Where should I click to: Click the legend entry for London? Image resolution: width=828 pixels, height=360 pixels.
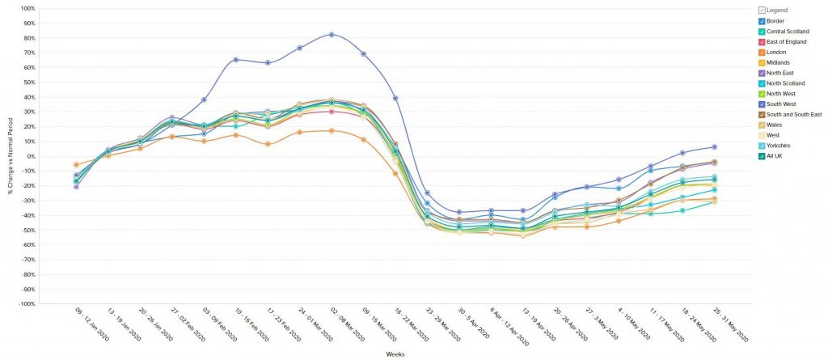776,52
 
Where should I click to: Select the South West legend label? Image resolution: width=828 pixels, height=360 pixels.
782,104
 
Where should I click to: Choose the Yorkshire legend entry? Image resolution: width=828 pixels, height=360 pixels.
779,146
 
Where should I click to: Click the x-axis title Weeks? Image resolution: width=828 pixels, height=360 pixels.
395,354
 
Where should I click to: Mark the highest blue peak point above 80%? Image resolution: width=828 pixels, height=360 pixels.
332,35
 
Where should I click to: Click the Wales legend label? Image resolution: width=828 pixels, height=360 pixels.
775,125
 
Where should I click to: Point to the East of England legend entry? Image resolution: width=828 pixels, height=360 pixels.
786,41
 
